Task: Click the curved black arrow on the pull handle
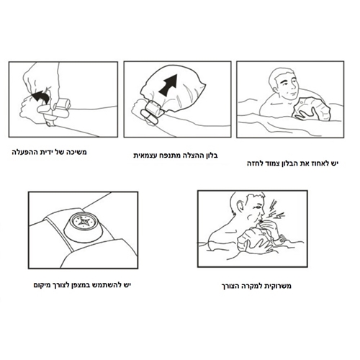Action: coord(41,97)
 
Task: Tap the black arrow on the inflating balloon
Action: coord(169,84)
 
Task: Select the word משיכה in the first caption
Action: coord(76,152)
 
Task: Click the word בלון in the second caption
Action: coord(210,156)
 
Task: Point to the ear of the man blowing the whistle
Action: coord(240,206)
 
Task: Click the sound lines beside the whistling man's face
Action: coord(275,210)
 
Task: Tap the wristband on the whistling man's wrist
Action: coord(282,238)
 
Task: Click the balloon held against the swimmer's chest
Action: coord(311,109)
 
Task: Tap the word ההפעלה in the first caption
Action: coord(22,152)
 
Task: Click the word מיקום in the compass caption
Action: coord(42,285)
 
